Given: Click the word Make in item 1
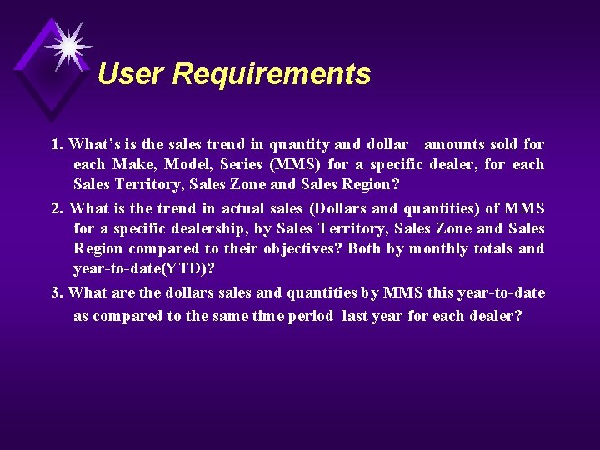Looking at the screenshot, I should [x=132, y=164].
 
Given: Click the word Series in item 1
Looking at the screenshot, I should [x=244, y=164].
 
